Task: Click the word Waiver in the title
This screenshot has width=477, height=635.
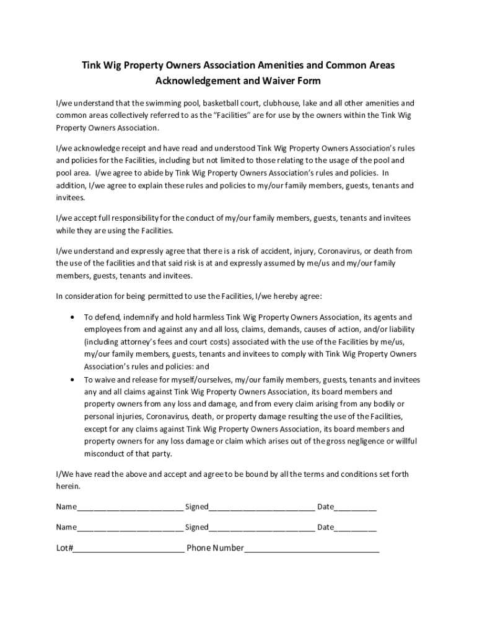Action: coord(277,81)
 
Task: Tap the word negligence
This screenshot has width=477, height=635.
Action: coord(363,441)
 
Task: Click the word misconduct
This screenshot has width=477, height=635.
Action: coord(105,453)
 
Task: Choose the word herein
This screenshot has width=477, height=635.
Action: coord(68,486)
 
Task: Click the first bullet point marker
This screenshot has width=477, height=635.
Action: coord(73,317)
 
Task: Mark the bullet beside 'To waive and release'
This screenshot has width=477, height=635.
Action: coord(73,380)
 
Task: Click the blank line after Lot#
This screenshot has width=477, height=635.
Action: coord(129,549)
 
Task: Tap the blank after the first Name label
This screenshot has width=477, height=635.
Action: coord(130,508)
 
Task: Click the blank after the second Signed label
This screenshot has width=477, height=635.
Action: coord(261,528)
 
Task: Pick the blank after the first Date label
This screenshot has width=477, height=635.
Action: coord(356,508)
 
